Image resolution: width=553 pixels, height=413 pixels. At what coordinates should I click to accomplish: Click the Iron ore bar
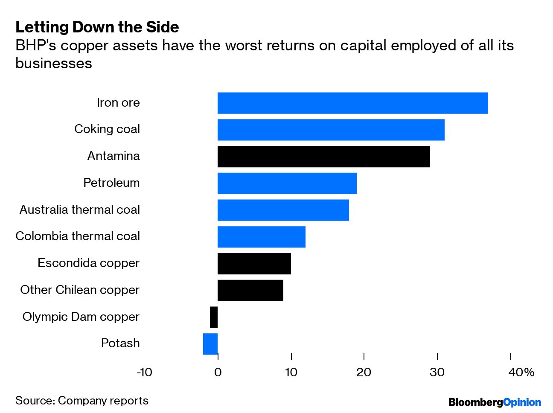352,103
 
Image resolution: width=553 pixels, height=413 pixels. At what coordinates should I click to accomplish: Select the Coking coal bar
331,130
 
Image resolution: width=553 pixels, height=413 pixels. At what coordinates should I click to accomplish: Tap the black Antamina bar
323,157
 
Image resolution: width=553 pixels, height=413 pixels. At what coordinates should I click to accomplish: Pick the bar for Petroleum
287,183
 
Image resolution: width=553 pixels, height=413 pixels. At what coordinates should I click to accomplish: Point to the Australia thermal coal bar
283,210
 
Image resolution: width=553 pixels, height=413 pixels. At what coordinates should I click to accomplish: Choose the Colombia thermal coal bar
261,237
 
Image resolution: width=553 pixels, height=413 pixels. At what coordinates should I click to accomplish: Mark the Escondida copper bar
254,264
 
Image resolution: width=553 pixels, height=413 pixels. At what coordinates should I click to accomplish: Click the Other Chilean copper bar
250,291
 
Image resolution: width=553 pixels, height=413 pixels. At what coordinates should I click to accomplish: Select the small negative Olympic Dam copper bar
214,317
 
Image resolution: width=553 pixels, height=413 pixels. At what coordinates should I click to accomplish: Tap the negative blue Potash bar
210,344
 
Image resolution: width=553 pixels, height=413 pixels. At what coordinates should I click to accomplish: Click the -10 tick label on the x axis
144,372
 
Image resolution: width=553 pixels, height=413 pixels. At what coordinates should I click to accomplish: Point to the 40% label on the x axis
521,372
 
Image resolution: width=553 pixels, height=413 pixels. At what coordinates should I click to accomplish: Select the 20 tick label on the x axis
364,372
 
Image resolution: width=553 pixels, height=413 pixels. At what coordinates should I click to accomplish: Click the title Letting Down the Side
97,27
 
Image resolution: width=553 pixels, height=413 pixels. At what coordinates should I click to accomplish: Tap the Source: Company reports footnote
82,401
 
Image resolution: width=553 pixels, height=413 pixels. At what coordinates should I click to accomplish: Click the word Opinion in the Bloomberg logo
522,402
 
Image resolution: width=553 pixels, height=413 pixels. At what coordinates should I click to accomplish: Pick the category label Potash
120,343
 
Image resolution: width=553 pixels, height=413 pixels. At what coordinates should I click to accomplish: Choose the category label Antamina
114,156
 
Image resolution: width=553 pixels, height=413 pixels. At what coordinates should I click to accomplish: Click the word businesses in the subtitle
54,63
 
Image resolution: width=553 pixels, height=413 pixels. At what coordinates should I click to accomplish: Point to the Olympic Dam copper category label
81,317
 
